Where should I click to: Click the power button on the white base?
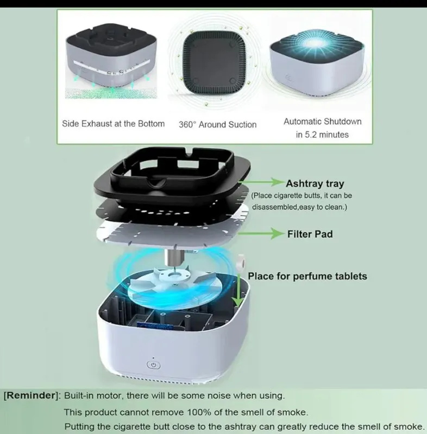pos(153,365)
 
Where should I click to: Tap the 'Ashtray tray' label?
pos(315,183)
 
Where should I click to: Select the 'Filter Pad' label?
pos(310,234)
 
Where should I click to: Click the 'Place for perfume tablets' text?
pos(307,276)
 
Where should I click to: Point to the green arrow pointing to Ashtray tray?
pos(262,182)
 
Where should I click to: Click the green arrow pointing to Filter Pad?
pos(261,234)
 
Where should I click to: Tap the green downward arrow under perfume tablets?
pos(238,291)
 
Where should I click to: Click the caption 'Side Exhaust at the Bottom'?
pos(113,124)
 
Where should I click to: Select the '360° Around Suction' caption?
pos(217,125)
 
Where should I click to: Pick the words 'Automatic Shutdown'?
pos(323,122)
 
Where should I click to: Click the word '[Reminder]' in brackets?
pos(32,395)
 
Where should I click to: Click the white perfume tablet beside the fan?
pos(240,262)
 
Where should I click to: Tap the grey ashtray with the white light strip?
pos(111,58)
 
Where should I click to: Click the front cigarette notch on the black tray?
pos(156,183)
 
